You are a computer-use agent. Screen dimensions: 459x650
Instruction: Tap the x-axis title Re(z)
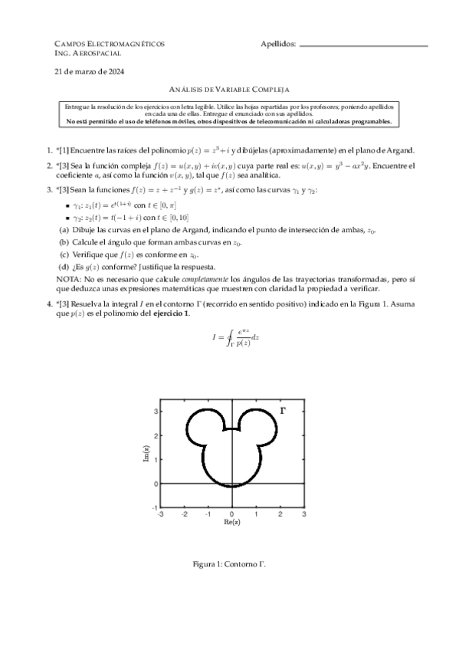point(232,522)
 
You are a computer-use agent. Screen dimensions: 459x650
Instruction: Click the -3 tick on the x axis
point(159,514)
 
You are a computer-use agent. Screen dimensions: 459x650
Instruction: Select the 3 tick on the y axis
point(155,412)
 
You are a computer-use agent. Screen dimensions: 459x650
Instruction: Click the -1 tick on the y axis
point(154,507)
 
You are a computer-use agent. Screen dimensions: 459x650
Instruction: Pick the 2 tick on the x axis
point(280,514)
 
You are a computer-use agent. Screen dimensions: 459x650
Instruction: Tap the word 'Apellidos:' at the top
point(278,44)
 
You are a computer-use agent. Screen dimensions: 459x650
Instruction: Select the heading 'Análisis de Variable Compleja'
point(229,90)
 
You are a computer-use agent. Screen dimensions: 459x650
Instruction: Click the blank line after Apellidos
point(363,46)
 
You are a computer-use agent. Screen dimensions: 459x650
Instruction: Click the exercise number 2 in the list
point(49,166)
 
